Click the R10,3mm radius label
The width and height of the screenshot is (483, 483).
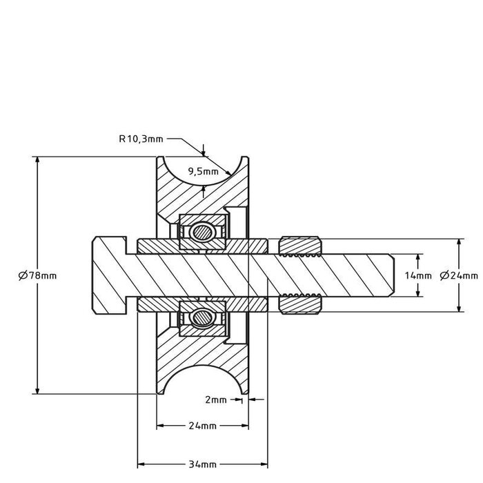click(x=141, y=139)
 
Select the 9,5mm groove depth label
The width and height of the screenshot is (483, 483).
click(x=203, y=172)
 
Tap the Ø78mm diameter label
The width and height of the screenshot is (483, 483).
click(x=37, y=275)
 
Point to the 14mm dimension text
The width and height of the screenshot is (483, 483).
click(x=419, y=275)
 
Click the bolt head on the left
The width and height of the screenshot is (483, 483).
click(x=109, y=275)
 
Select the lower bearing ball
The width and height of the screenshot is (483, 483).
click(x=203, y=318)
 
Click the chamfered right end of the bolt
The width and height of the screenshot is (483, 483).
click(x=389, y=275)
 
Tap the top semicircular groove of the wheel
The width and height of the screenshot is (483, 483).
click(x=203, y=169)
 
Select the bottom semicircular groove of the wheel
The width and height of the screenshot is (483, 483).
click(x=203, y=381)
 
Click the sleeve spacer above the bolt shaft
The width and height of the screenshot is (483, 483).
click(x=203, y=245)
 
